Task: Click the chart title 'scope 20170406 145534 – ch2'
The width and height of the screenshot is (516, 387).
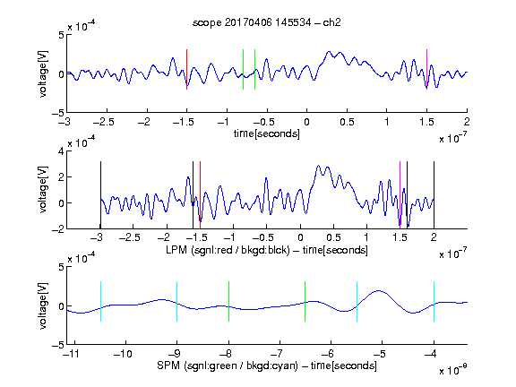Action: [267, 22]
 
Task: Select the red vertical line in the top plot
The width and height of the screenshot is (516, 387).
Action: [186, 69]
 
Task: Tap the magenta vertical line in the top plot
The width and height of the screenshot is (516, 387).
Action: [426, 69]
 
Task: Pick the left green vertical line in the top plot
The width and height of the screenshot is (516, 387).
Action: [243, 69]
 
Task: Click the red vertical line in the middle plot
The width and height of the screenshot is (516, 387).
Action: [200, 194]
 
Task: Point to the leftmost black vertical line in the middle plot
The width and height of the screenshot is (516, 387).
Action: [100, 194]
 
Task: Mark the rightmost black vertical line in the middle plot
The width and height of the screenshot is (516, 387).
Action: [434, 194]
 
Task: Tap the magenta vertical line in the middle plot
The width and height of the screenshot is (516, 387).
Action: [400, 194]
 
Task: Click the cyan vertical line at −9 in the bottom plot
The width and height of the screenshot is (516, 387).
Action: [176, 301]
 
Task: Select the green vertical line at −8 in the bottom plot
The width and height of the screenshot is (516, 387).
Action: [228, 301]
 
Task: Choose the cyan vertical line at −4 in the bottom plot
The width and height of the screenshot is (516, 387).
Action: [434, 301]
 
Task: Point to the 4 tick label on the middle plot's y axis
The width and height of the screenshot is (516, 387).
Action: [61, 151]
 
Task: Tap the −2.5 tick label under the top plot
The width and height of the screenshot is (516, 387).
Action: [104, 122]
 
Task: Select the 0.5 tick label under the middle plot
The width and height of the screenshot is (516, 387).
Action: [333, 237]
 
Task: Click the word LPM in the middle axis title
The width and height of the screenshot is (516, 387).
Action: [176, 250]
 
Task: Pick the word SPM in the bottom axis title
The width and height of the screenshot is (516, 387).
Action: [168, 365]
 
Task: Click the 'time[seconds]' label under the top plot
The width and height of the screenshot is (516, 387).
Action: [267, 133]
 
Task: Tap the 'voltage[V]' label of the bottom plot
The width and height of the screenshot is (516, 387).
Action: [43, 305]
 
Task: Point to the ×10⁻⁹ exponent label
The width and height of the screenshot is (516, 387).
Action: [453, 369]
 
